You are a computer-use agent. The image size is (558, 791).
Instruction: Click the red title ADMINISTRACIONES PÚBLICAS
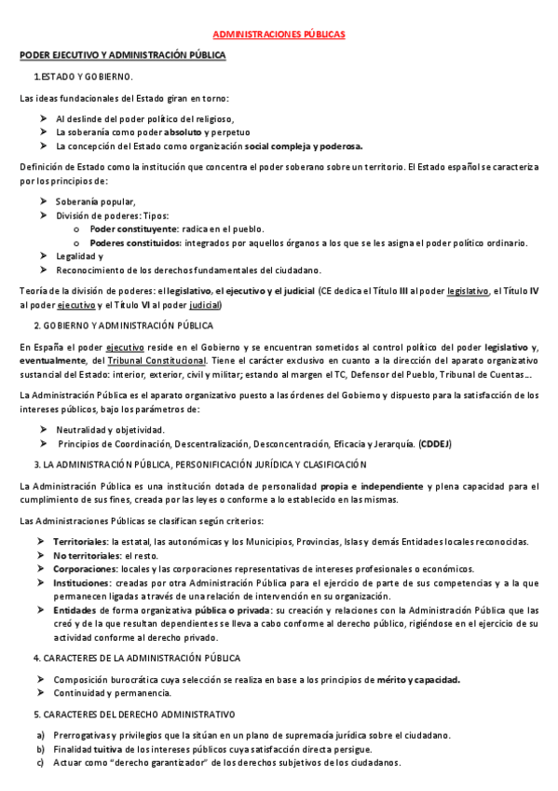[279, 35]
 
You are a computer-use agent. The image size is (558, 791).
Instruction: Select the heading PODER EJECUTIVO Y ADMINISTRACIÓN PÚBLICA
[123, 56]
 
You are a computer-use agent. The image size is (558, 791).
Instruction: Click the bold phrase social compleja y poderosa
[304, 146]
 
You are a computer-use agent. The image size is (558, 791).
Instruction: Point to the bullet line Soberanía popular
[96, 201]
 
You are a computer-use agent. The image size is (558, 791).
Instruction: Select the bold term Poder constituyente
[133, 229]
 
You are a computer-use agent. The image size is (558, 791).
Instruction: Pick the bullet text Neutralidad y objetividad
[109, 429]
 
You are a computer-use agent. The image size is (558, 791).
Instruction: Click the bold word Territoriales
[81, 541]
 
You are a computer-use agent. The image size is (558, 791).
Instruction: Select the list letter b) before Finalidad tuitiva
[40, 749]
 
